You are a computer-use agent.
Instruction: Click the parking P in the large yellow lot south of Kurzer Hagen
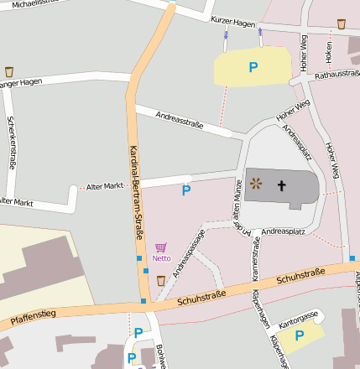click(x=253, y=66)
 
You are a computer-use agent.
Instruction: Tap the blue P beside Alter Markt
click(x=186, y=190)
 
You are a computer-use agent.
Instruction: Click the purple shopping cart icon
click(x=161, y=247)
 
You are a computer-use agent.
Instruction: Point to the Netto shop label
click(x=161, y=258)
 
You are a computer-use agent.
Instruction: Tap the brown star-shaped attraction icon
click(x=256, y=183)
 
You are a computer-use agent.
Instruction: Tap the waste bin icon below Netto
click(x=161, y=280)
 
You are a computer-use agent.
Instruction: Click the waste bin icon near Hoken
click(x=341, y=23)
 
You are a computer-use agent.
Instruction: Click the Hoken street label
click(x=328, y=52)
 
